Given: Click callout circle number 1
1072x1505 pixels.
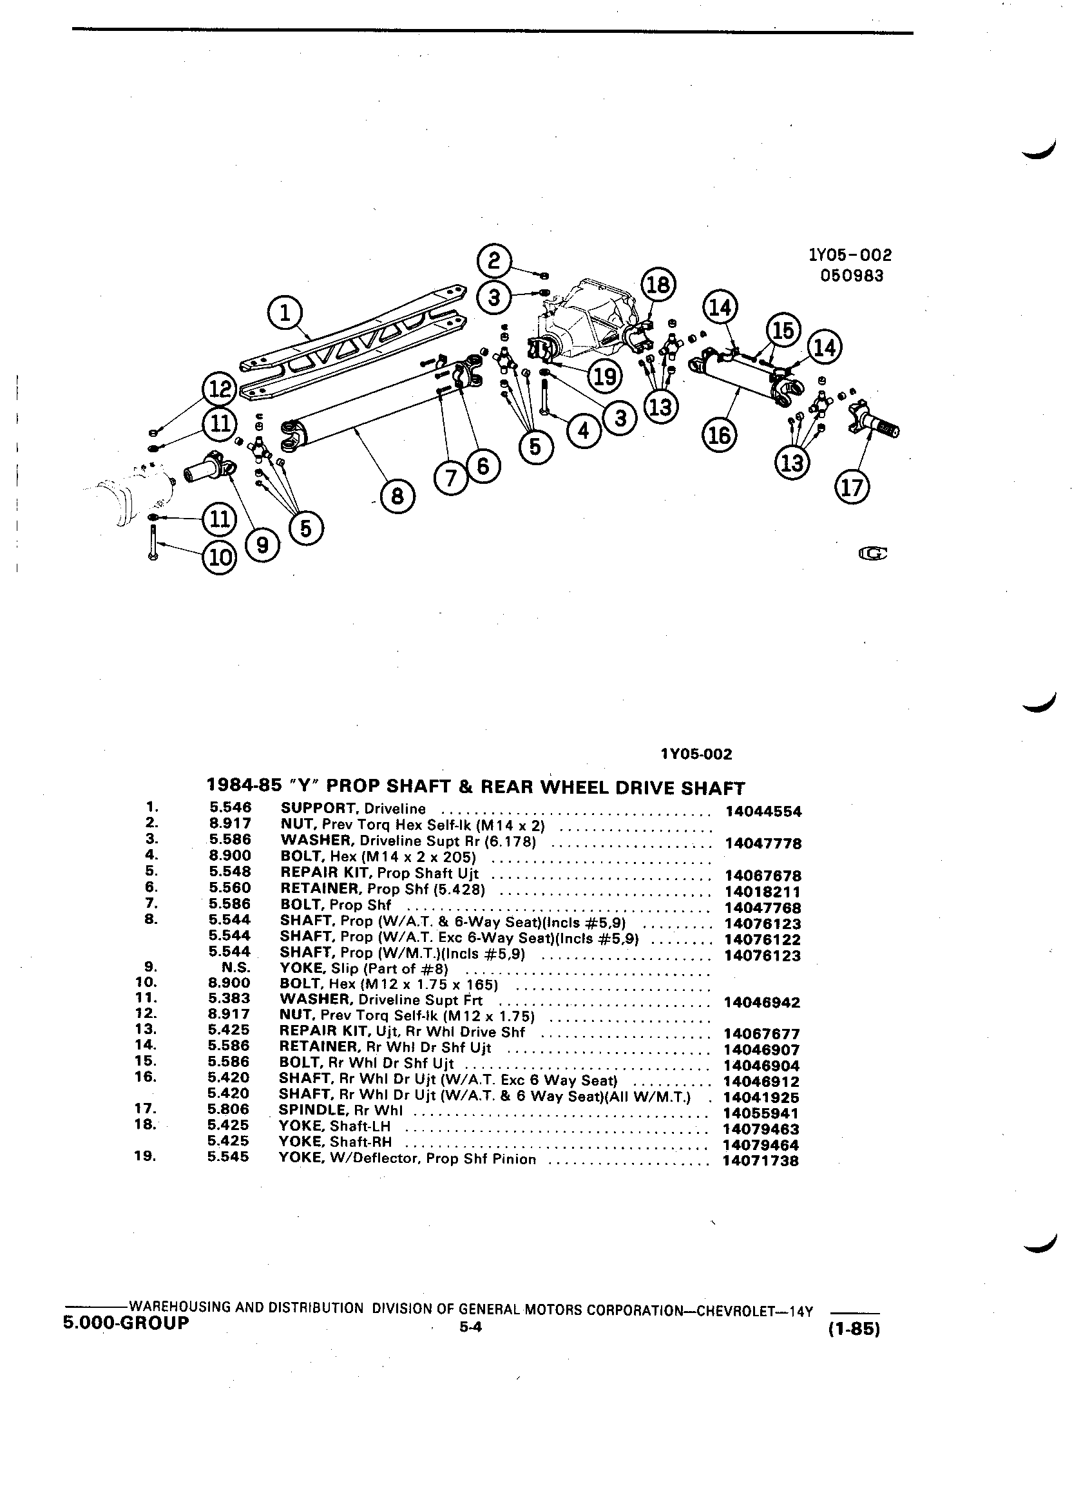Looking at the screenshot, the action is point(285,313).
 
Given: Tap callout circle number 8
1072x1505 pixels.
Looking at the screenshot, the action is point(397,496).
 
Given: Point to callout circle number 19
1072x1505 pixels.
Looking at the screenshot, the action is point(605,376).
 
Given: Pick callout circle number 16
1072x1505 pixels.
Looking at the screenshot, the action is point(720,435).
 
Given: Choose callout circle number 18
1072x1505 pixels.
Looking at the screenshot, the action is point(658,285).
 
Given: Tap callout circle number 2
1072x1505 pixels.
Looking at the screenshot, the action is point(493,260).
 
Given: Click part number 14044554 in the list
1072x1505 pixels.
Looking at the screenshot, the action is point(763,811).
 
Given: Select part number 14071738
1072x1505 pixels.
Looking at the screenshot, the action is point(760,1160).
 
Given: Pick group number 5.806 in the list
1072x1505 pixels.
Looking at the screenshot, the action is point(229,1109).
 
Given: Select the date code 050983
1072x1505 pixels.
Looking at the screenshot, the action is point(852,275).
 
